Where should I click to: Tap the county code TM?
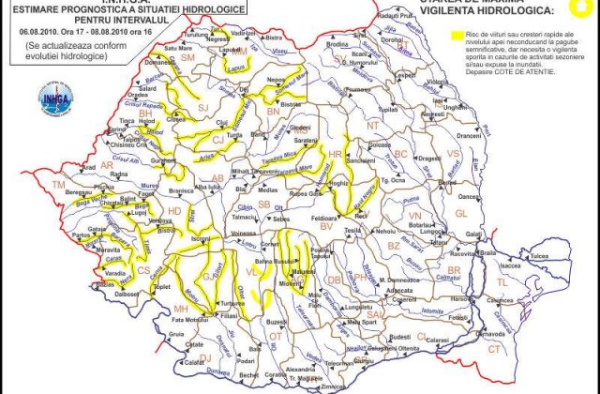point(59,186)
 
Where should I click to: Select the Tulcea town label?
point(540,255)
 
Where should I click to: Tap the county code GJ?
point(204,278)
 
